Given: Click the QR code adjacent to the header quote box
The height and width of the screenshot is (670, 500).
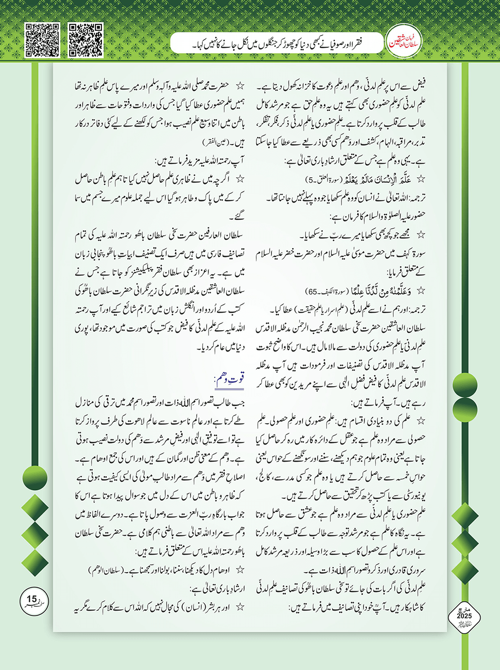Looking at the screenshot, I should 86,39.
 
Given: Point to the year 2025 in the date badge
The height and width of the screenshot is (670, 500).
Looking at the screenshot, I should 464,616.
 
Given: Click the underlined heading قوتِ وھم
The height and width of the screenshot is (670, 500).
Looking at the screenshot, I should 229,379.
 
